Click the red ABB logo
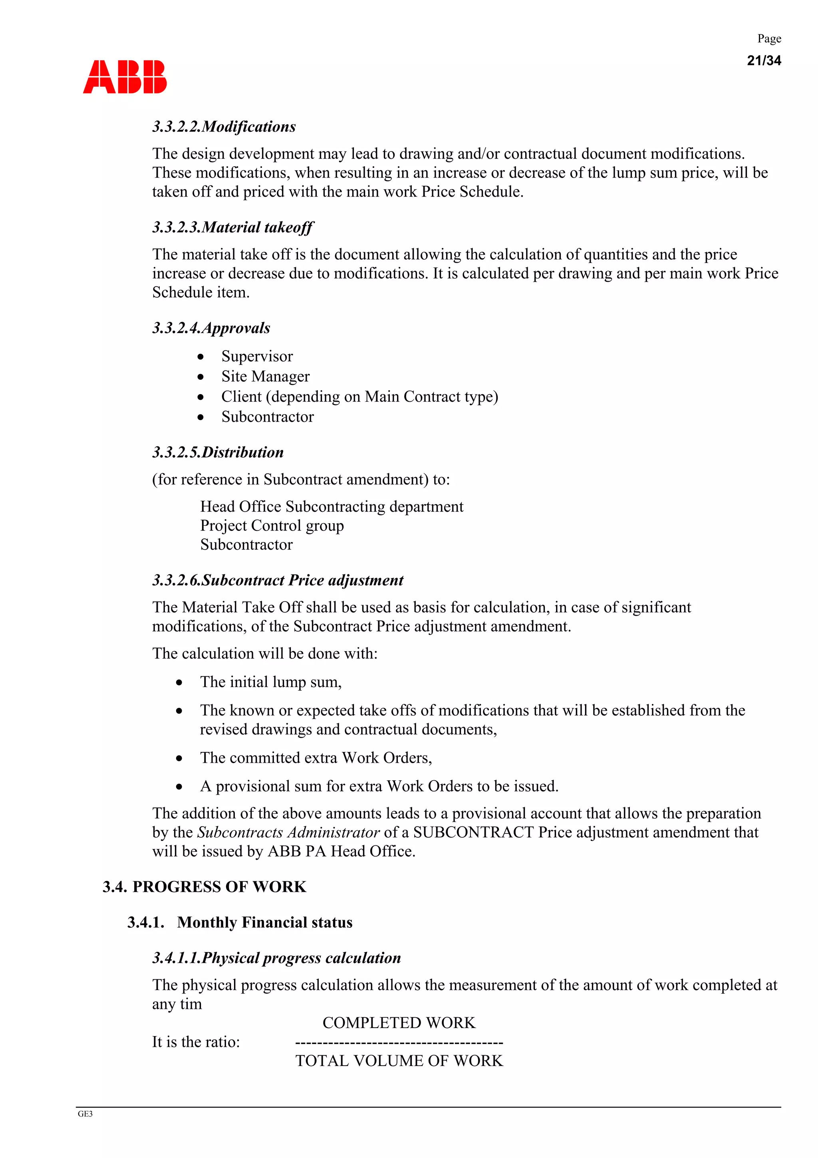click(x=125, y=77)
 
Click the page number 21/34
click(x=764, y=60)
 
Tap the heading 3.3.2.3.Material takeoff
click(x=232, y=227)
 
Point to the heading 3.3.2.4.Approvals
click(x=211, y=328)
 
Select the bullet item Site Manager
click(x=265, y=377)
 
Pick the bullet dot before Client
click(x=201, y=397)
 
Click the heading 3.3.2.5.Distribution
click(x=218, y=452)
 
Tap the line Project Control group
click(x=272, y=526)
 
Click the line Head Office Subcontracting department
click(x=331, y=506)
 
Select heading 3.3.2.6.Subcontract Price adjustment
click(x=278, y=580)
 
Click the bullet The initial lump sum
click(x=271, y=682)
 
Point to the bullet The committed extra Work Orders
click(x=316, y=758)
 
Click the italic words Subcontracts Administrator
click(x=288, y=833)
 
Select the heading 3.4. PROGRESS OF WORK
click(x=204, y=887)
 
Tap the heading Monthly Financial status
click(x=264, y=923)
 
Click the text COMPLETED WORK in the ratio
click(x=399, y=1023)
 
